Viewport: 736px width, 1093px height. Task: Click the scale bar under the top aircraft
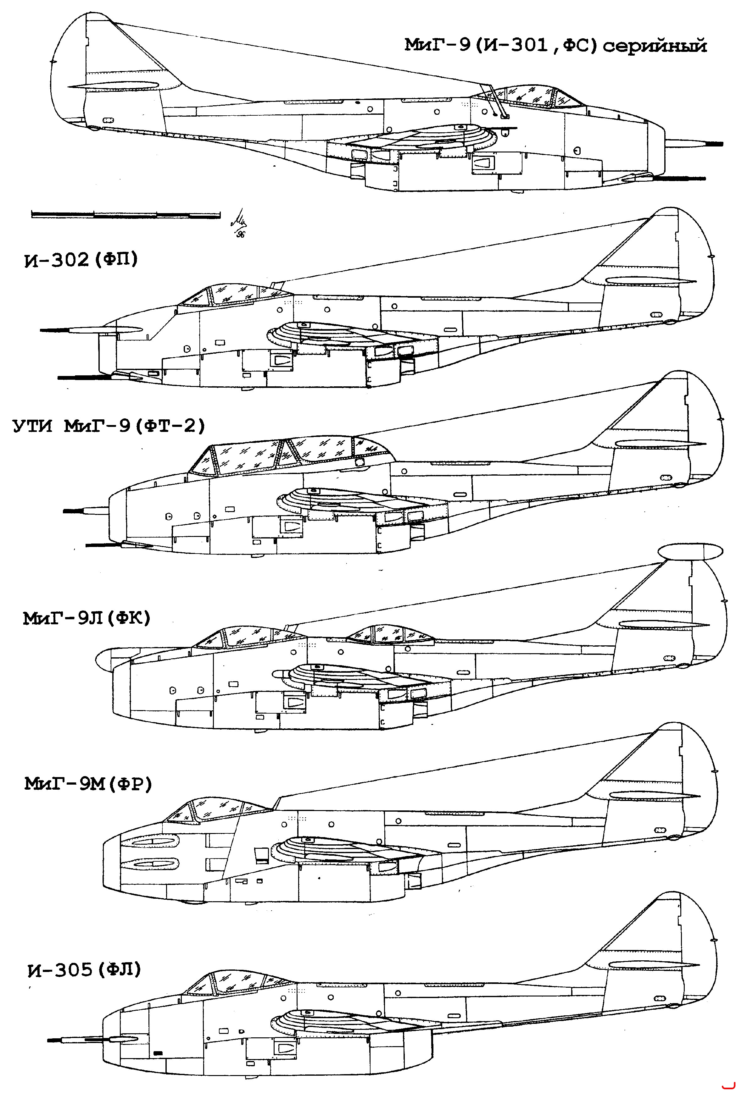(126, 214)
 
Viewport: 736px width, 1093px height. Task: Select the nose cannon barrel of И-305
(75, 1040)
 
